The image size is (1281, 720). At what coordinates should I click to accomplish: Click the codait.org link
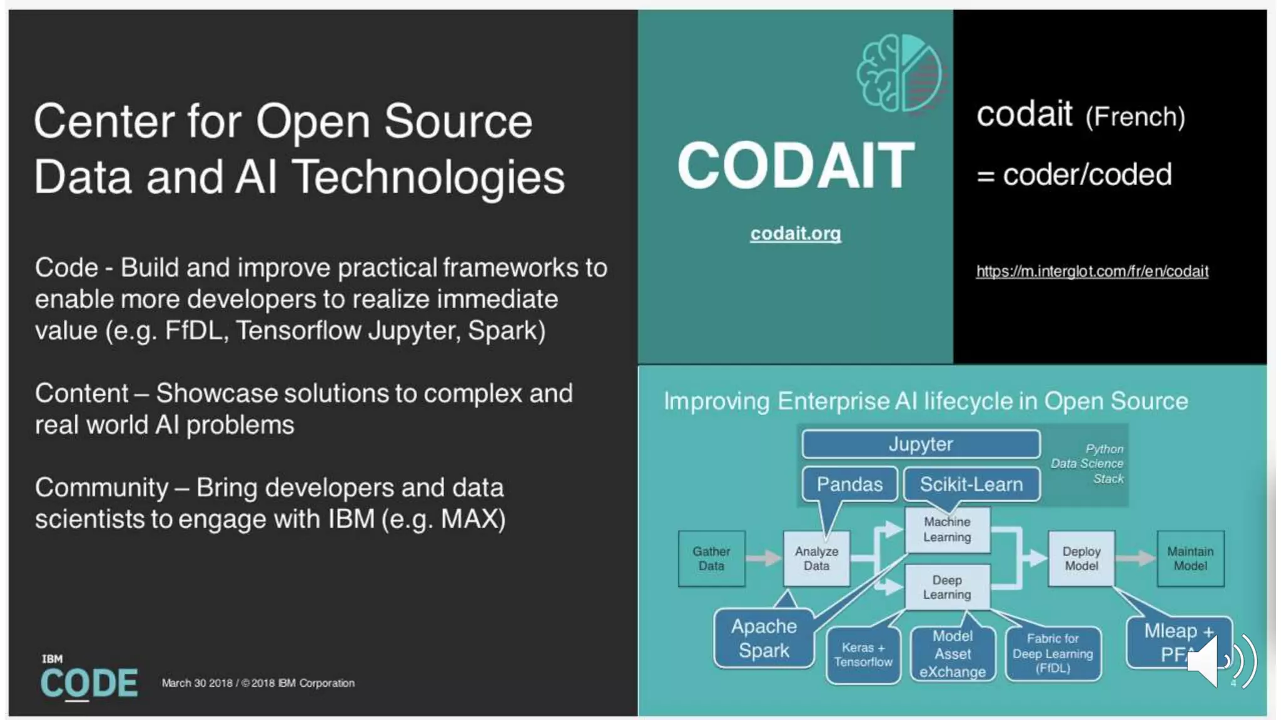pos(795,233)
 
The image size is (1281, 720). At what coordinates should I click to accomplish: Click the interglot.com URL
pos(1091,271)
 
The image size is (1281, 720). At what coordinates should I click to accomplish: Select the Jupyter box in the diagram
pos(920,444)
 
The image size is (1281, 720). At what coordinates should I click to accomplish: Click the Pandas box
pos(849,484)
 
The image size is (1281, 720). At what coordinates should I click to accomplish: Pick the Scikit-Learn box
pos(971,484)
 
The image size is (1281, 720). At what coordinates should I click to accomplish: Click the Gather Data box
pos(711,558)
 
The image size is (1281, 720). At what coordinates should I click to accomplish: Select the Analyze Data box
pos(816,558)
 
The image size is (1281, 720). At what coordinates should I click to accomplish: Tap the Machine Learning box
pos(947,529)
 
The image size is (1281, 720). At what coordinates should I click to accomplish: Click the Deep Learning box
pos(947,587)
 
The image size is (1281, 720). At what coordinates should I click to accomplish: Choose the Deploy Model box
pos(1081,558)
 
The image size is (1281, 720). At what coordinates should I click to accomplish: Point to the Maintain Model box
pos(1190,558)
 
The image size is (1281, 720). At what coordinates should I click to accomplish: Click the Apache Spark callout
pos(764,638)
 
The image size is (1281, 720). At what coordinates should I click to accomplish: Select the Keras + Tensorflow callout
pos(863,655)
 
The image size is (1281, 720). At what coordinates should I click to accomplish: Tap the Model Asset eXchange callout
pos(952,654)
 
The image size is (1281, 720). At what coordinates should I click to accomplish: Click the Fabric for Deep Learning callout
pos(1053,653)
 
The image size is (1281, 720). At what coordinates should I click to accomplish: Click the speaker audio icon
pos(1220,661)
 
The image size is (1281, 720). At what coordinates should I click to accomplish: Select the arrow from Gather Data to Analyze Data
pos(764,557)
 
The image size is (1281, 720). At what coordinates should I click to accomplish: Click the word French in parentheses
pos(1135,117)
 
